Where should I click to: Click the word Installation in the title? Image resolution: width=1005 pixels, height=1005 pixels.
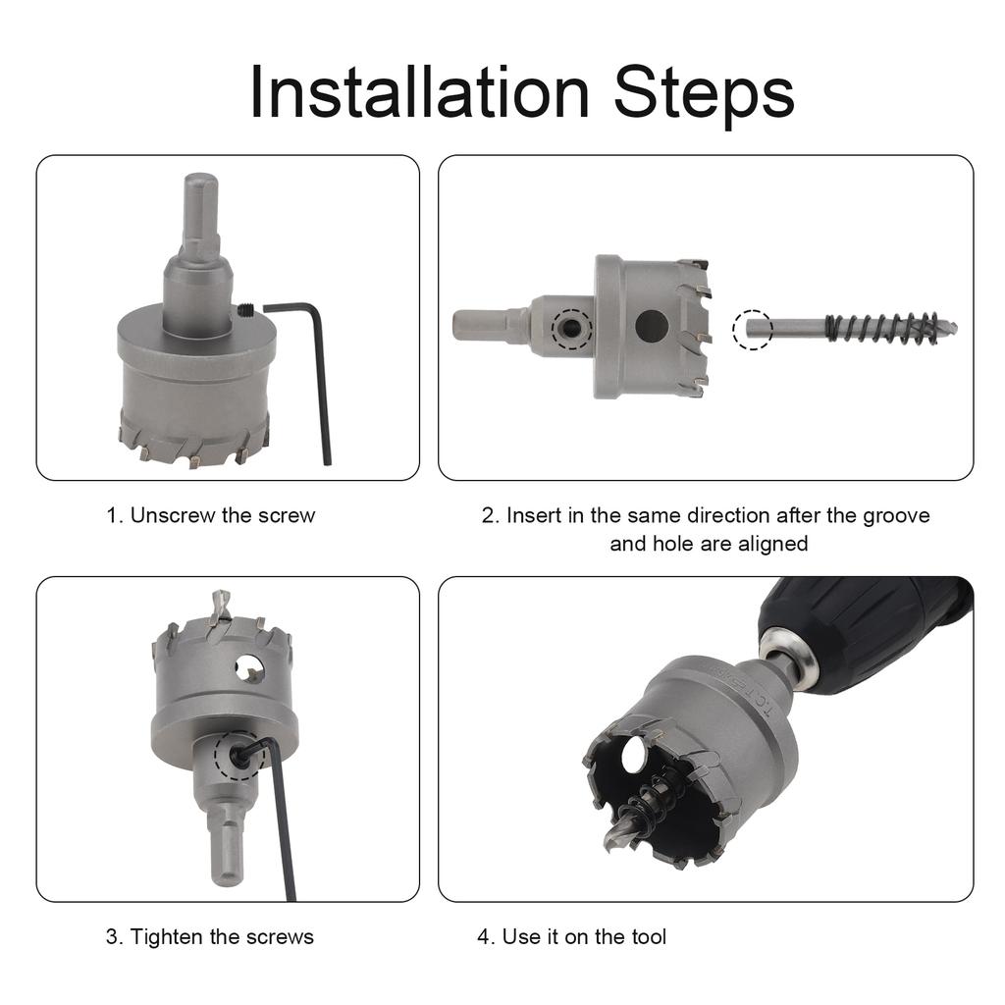pyautogui.click(x=419, y=92)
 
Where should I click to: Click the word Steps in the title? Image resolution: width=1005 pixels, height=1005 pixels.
pyautogui.click(x=703, y=96)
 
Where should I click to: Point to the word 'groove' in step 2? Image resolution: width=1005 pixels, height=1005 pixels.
pyautogui.click(x=896, y=516)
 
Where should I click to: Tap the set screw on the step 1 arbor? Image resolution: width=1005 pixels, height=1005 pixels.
pyautogui.click(x=245, y=310)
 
